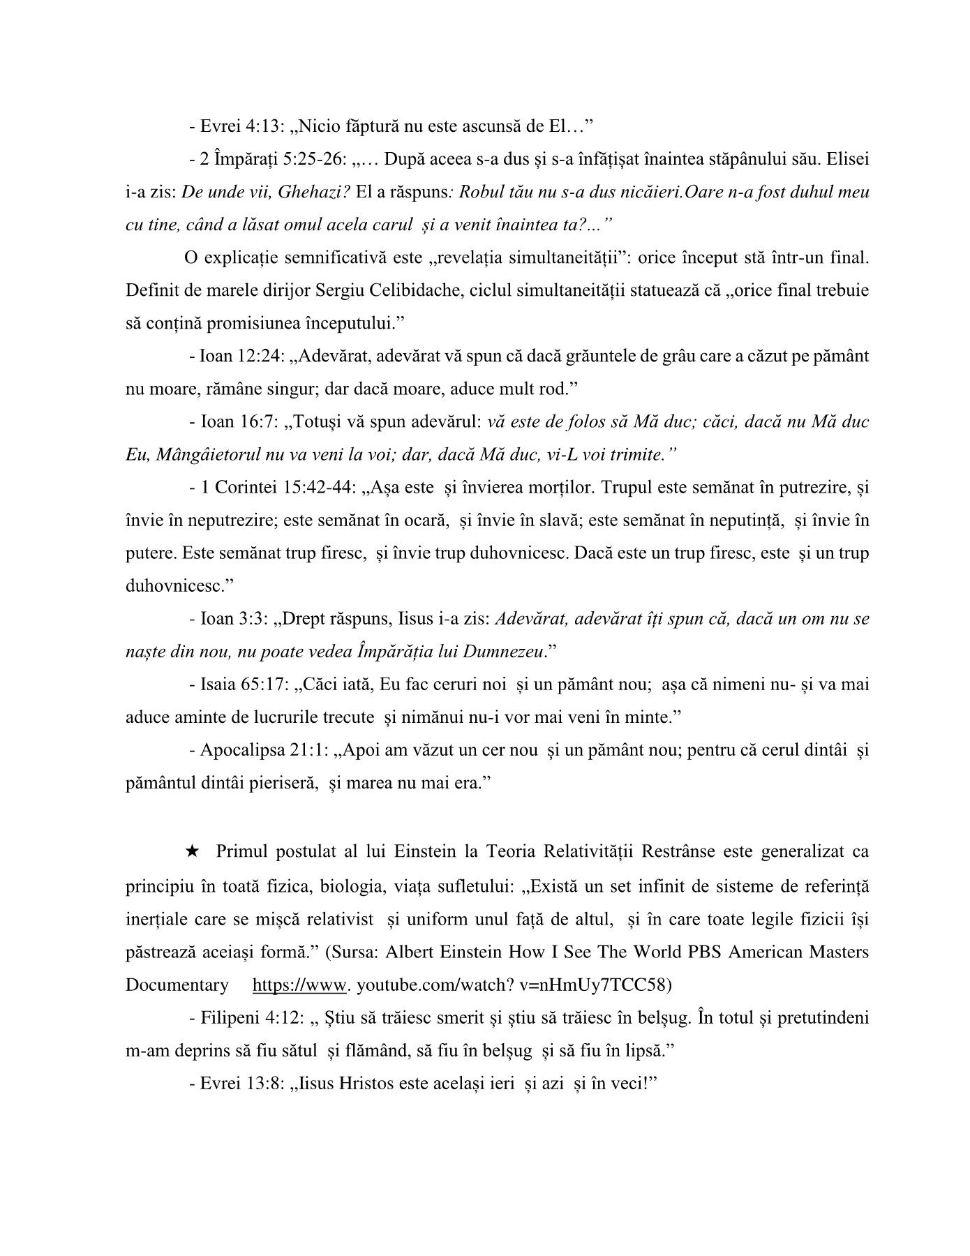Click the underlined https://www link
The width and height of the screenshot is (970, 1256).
point(299,985)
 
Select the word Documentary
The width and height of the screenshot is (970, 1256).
point(177,985)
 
